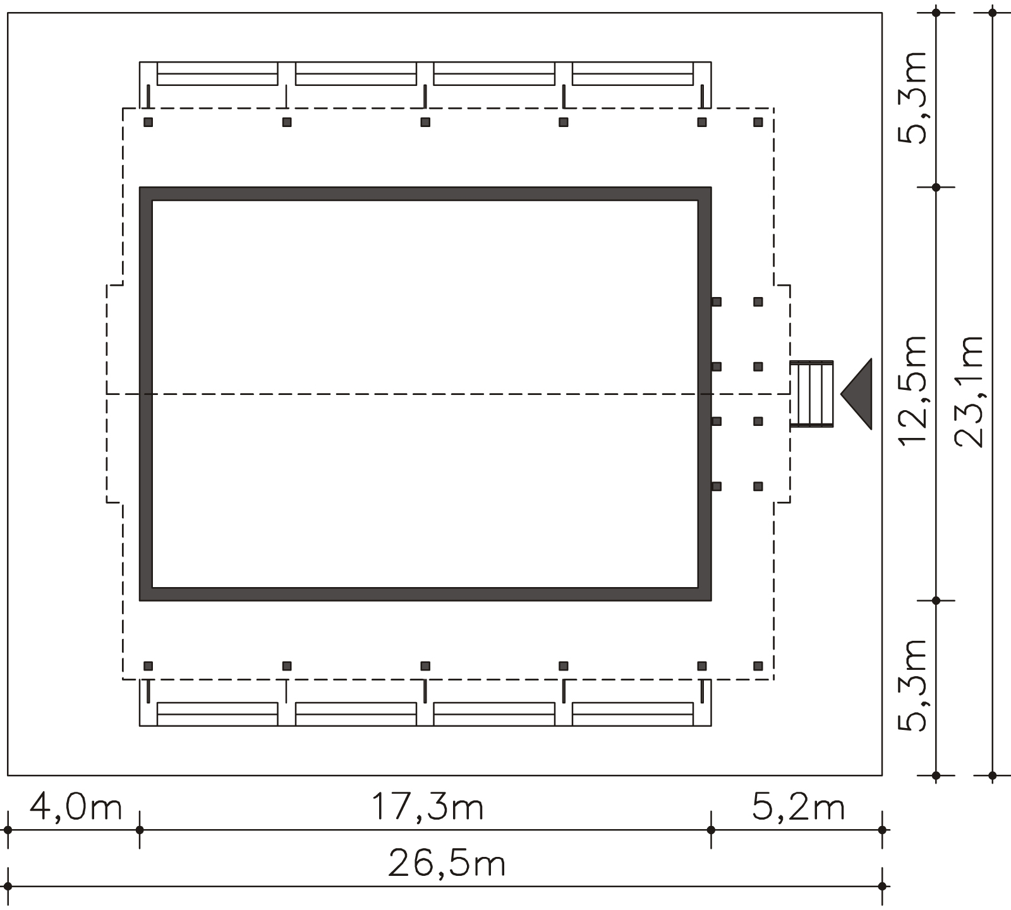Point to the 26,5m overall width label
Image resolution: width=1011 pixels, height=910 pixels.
point(447,863)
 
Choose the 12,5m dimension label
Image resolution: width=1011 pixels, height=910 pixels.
point(914,390)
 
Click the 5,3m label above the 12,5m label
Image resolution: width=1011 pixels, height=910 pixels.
point(914,98)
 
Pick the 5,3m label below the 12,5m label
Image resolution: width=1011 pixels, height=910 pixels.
point(914,685)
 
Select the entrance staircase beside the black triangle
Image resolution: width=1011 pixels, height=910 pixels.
point(812,394)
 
